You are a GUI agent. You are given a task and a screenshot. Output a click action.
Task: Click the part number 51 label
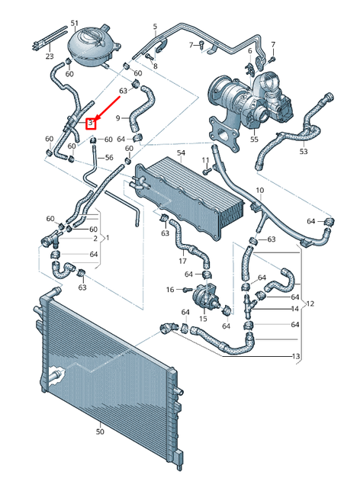(x=74, y=24)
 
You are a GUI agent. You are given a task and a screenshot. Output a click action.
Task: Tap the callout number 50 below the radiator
(x=99, y=432)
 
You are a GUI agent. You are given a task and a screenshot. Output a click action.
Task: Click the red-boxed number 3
(x=91, y=122)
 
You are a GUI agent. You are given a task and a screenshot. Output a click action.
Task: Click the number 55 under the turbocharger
(x=255, y=140)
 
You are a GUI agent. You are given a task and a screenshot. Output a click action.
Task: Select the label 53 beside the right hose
(x=303, y=152)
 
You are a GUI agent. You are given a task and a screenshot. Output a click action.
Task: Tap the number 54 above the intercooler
(x=182, y=154)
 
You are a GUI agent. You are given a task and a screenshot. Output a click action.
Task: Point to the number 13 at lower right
(x=295, y=356)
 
